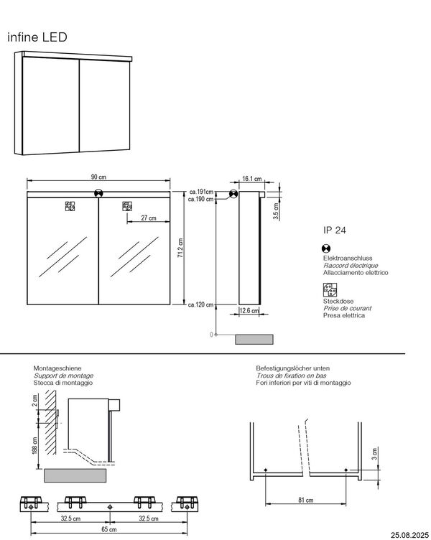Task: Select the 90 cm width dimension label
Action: (98, 177)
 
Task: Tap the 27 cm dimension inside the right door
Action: (148, 218)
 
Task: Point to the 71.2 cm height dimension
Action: (180, 249)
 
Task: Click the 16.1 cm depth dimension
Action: (251, 180)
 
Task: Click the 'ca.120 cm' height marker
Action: (201, 305)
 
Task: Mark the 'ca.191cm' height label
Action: (202, 192)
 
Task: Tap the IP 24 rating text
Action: (335, 231)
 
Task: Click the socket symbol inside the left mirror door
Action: (70, 207)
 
